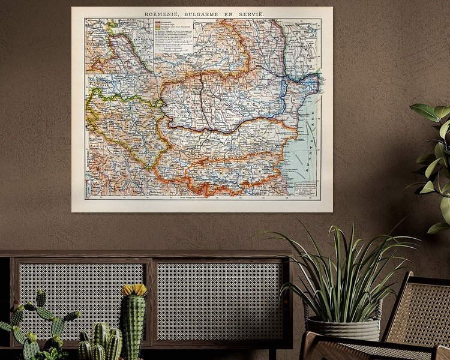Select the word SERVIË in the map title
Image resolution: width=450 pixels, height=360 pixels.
(x=253, y=14)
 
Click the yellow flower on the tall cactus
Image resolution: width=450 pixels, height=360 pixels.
(x=134, y=290)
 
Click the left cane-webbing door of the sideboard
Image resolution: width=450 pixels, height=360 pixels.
(x=82, y=300)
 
